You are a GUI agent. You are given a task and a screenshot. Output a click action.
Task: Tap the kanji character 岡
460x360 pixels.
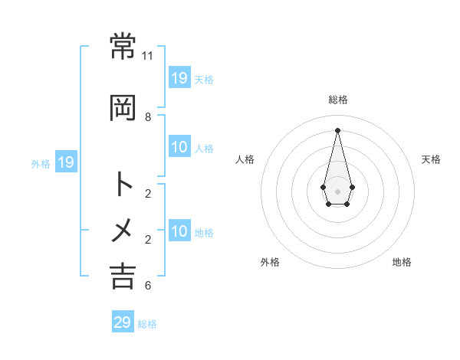pos(123,109)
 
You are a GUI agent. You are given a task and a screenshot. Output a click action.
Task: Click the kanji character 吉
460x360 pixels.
pos(123,276)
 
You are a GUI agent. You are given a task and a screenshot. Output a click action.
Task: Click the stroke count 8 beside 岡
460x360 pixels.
pos(148,117)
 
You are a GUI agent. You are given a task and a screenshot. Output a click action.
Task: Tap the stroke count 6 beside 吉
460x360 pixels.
pos(148,286)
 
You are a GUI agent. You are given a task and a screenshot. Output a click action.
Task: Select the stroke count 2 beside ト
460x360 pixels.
pos(148,193)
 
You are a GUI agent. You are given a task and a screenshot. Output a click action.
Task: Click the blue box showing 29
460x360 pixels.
pos(123,322)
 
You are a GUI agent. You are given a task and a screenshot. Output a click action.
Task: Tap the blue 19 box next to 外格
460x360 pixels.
pos(66,162)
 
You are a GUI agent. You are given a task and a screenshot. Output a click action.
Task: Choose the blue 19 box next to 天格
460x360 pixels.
pos(179,78)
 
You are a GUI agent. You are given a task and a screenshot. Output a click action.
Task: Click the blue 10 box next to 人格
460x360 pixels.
pos(179,148)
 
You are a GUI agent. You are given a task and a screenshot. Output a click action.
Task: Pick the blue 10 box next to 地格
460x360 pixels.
pos(179,232)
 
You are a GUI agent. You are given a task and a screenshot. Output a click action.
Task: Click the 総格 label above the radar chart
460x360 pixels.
pos(338,100)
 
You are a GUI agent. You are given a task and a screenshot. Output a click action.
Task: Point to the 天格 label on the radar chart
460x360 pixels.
pos(432,159)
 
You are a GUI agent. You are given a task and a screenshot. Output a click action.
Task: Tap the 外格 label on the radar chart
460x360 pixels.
pos(270,262)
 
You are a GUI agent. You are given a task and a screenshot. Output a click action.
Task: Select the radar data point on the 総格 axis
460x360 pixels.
pos(338,129)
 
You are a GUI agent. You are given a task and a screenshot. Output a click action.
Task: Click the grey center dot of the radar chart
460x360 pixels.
pos(338,191)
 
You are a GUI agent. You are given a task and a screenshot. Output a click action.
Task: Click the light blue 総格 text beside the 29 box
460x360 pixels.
pos(147,324)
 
